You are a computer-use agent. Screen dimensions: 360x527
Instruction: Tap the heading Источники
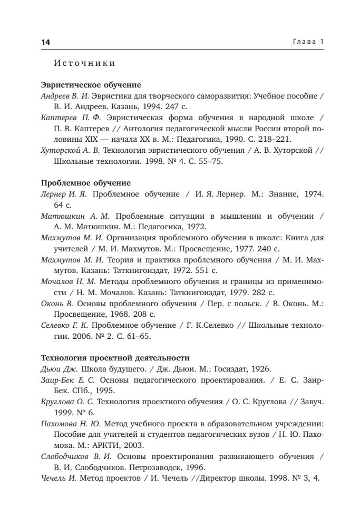[85, 64]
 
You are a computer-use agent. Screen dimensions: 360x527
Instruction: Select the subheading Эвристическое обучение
[91, 84]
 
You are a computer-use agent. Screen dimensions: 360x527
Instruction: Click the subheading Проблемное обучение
[85, 183]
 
